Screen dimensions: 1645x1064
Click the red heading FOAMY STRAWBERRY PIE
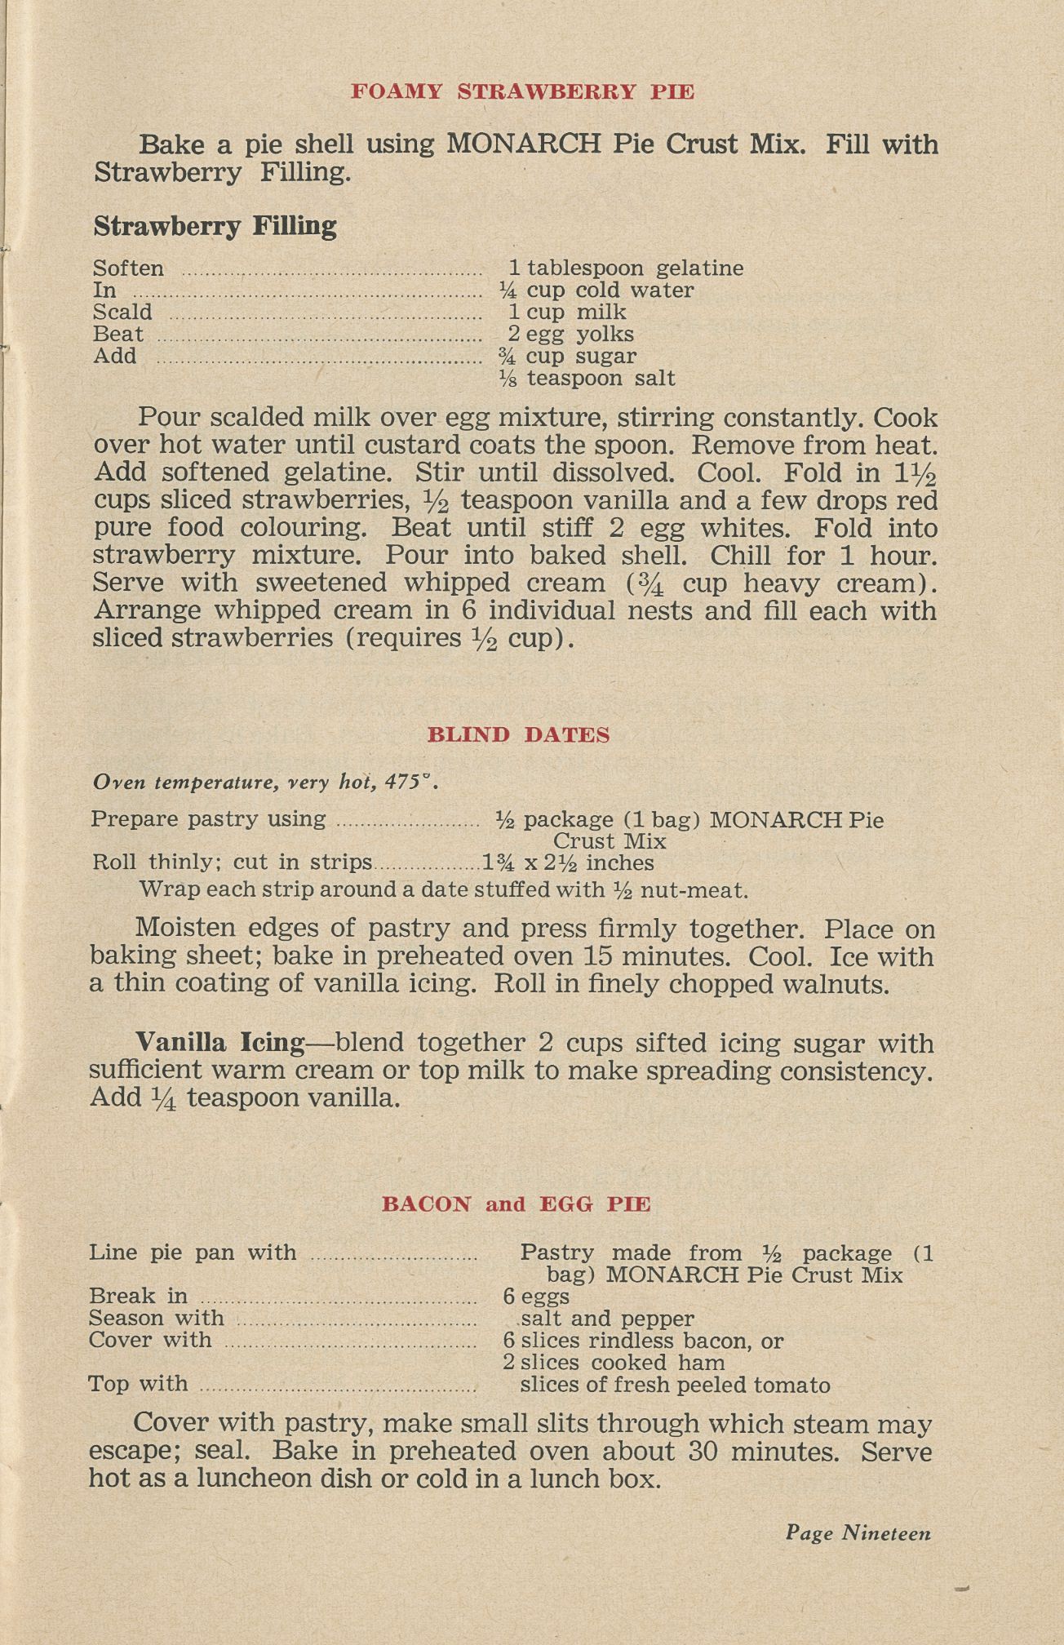pos(522,91)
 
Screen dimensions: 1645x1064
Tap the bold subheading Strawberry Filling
pos(215,226)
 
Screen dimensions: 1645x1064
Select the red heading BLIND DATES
pos(518,734)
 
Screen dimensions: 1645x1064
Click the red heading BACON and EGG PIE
pos(516,1204)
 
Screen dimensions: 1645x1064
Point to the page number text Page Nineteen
pos(858,1533)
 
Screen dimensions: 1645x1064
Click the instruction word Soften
pos(128,268)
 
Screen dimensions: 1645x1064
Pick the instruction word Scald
pos(122,313)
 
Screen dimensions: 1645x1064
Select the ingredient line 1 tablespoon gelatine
pos(626,268)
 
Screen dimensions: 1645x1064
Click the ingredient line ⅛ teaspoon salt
pos(587,379)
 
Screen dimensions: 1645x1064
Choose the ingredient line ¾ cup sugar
pos(567,357)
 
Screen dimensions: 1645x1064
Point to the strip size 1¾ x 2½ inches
pos(568,863)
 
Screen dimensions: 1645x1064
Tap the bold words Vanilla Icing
pos(220,1043)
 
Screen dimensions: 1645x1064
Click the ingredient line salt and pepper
pos(607,1318)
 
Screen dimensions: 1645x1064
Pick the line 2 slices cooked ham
pos(613,1362)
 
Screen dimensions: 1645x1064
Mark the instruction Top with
pos(139,1384)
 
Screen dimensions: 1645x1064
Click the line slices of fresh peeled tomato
pos(675,1385)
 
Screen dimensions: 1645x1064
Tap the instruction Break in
pos(139,1296)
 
